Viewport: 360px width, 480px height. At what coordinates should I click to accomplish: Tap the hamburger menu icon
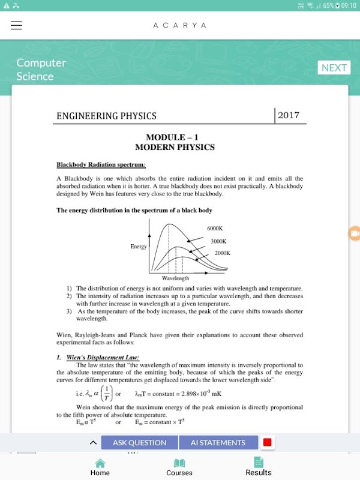[16, 25]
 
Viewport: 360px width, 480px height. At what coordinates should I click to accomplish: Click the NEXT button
[334, 67]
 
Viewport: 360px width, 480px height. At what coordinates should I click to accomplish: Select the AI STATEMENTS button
[218, 443]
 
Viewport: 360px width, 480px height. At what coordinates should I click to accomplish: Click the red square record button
[267, 443]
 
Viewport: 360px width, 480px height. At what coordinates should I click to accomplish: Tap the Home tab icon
[100, 463]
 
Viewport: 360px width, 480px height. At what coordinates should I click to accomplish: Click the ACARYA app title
[179, 25]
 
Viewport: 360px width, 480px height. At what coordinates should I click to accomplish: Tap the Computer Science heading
[41, 69]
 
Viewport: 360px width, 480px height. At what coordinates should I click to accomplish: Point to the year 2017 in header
[289, 115]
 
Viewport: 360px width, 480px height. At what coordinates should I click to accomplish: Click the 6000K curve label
[215, 229]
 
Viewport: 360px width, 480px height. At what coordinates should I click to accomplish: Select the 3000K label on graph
[218, 241]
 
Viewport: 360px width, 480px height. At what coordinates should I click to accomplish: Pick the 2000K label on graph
[222, 253]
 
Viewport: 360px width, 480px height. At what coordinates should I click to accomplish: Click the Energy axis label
[139, 247]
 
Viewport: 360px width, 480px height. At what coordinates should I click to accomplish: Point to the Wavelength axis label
[175, 278]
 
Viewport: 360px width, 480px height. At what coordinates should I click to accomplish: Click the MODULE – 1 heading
[175, 137]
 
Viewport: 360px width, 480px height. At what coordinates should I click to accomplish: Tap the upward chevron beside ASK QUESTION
[93, 443]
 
